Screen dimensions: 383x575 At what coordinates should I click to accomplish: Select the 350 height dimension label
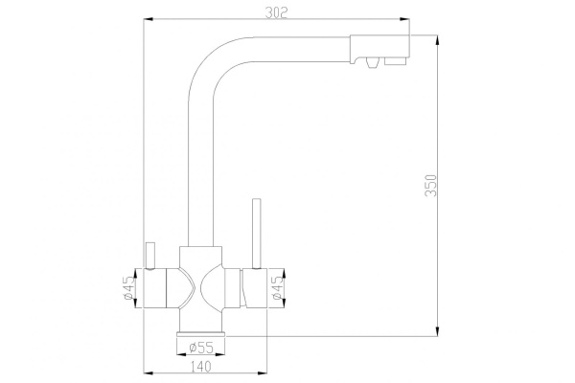point(431,186)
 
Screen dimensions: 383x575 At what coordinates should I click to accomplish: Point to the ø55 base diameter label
point(200,345)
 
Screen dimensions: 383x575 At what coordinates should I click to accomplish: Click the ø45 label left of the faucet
point(127,288)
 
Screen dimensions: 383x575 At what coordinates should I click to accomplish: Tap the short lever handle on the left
point(149,254)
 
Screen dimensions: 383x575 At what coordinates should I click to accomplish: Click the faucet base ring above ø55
point(200,334)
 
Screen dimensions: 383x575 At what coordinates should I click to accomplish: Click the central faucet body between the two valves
point(200,287)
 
